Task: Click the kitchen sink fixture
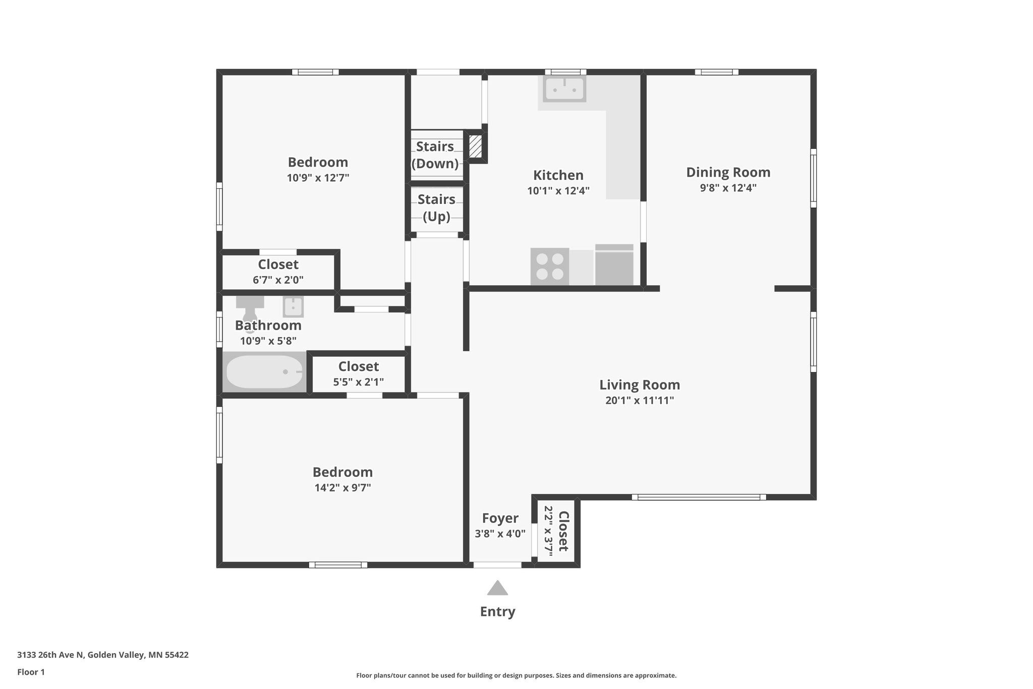[564, 89]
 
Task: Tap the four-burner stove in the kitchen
[549, 266]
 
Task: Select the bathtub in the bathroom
[264, 372]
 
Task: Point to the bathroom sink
[293, 306]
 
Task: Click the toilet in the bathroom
[250, 307]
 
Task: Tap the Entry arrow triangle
[497, 588]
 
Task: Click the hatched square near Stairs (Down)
[475, 146]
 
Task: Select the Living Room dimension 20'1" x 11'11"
[639, 401]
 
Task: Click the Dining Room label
[728, 173]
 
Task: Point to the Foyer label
[500, 518]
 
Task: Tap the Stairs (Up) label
[436, 207]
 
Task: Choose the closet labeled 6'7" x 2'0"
[278, 272]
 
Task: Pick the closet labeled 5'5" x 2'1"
[358, 374]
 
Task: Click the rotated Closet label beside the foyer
[563, 531]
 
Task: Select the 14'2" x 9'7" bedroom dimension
[342, 488]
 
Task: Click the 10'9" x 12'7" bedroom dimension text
[318, 178]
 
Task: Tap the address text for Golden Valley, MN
[103, 655]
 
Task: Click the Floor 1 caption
[31, 672]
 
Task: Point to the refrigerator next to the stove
[614, 266]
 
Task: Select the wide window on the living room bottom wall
[699, 497]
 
